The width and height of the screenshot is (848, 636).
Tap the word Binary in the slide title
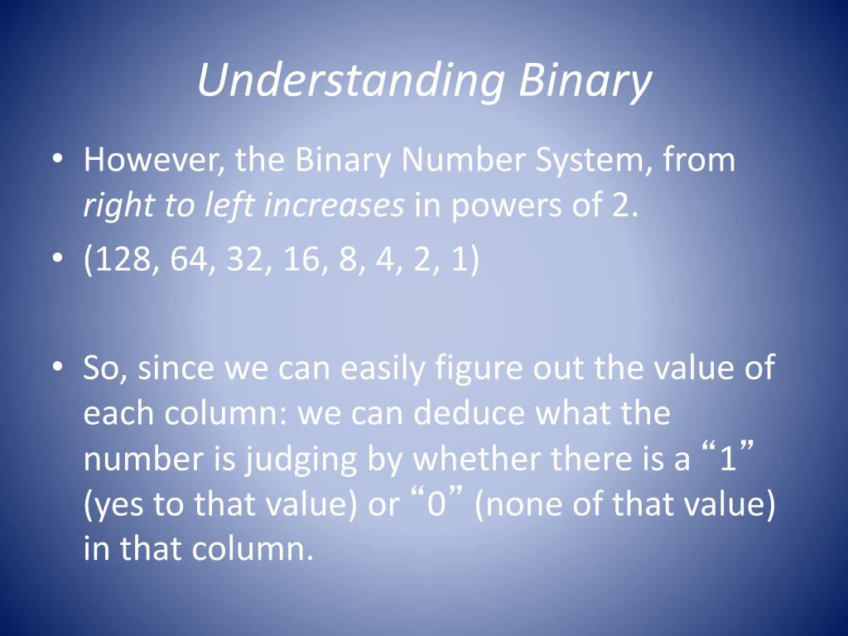coord(585,80)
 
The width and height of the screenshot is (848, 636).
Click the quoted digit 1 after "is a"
coord(728,458)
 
